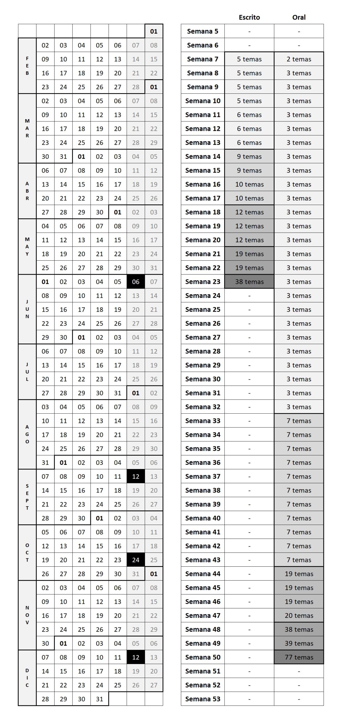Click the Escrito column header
pyautogui.click(x=249, y=17)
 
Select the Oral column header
pyautogui.click(x=299, y=17)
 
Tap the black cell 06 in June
pyautogui.click(x=136, y=282)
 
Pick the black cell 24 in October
pyautogui.click(x=136, y=560)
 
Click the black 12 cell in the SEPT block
pyautogui.click(x=136, y=477)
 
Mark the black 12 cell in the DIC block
pyautogui.click(x=136, y=657)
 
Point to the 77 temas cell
pyautogui.click(x=299, y=657)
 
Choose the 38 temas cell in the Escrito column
pyautogui.click(x=249, y=282)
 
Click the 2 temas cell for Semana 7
pyautogui.click(x=299, y=59)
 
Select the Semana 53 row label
pyautogui.click(x=203, y=699)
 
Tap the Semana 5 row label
pyautogui.click(x=203, y=31)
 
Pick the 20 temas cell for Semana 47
pyautogui.click(x=299, y=616)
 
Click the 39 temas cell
pyautogui.click(x=299, y=643)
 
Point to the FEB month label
pyautogui.click(x=27, y=66)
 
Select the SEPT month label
pyautogui.click(x=27, y=497)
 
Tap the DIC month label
pyautogui.click(x=27, y=678)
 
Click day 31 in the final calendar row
pyautogui.click(x=100, y=699)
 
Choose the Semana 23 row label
pyautogui.click(x=203, y=282)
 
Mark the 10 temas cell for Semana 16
pyautogui.click(x=249, y=184)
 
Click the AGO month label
pyautogui.click(x=27, y=434)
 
